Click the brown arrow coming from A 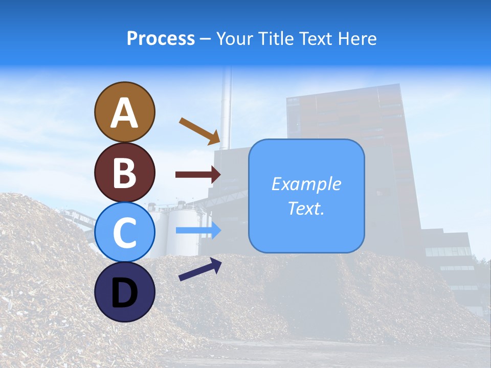tap(199, 131)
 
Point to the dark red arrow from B tap(198, 175)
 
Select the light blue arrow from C tap(198, 230)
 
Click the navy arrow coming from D tap(200, 269)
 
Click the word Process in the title tap(161, 38)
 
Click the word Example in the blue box tap(306, 184)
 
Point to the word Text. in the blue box tap(306, 208)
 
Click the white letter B tap(125, 173)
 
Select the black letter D tap(125, 293)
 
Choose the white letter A tap(125, 113)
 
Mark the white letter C tap(125, 233)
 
